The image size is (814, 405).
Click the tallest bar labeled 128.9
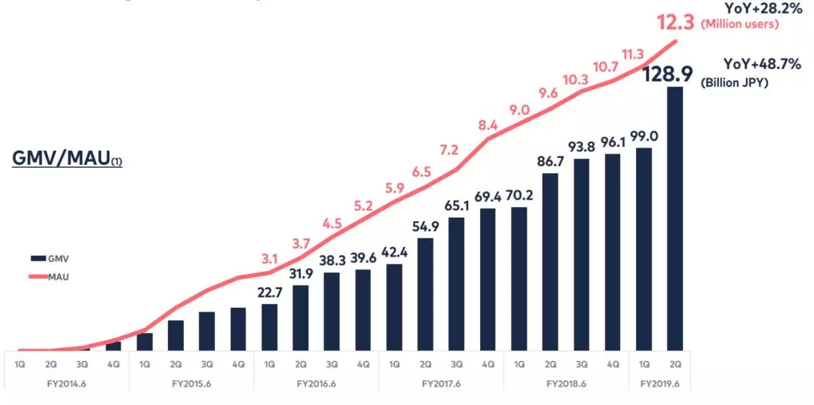pyautogui.click(x=675, y=218)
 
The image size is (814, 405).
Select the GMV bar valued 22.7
pyautogui.click(x=269, y=327)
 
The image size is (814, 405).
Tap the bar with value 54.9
pyautogui.click(x=425, y=294)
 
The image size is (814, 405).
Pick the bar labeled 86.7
pyautogui.click(x=550, y=261)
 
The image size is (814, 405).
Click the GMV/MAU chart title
pyautogui.click(x=67, y=160)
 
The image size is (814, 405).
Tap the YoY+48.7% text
pyautogui.click(x=762, y=64)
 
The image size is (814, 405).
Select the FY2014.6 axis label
pyautogui.click(x=66, y=384)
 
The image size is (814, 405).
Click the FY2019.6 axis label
pyautogui.click(x=659, y=384)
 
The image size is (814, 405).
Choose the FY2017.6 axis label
pyautogui.click(x=441, y=384)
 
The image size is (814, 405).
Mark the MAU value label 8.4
pyautogui.click(x=488, y=125)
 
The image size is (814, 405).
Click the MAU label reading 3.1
pyautogui.click(x=269, y=259)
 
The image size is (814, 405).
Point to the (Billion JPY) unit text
pyautogui.click(x=734, y=83)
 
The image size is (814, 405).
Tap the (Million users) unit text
pyautogui.click(x=740, y=25)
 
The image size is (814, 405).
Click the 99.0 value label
pyautogui.click(x=644, y=136)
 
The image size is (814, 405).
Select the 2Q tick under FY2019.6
pyautogui.click(x=675, y=364)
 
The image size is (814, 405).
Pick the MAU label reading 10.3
pyautogui.click(x=581, y=80)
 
